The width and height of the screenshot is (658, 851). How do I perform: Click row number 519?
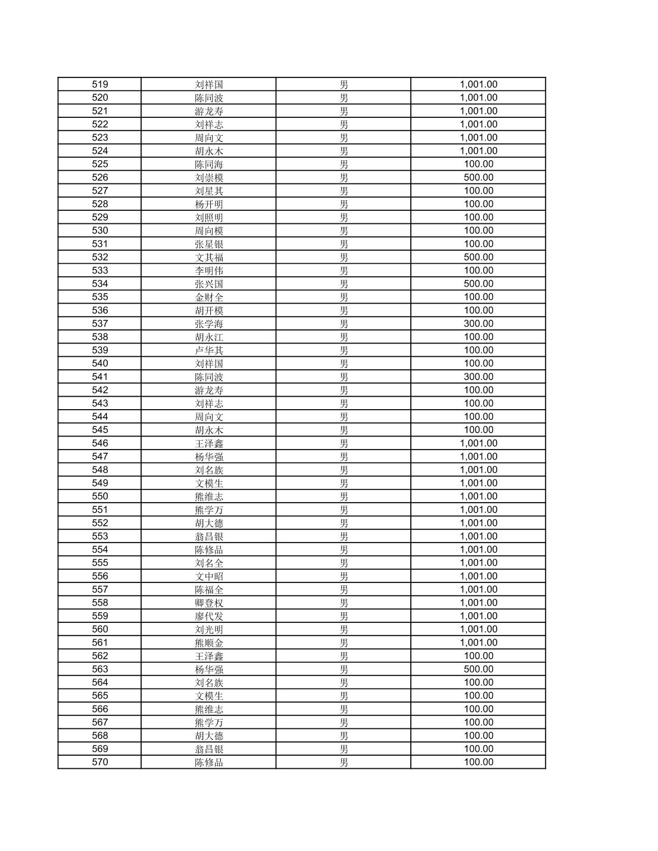tap(100, 85)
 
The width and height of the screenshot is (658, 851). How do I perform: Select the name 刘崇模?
tap(209, 177)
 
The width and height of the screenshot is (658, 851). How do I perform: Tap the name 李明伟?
tap(209, 270)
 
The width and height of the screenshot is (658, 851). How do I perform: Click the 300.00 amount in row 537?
tap(478, 323)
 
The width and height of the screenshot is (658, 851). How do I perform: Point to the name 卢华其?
tap(209, 350)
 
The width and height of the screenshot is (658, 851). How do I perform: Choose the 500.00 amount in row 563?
tap(478, 669)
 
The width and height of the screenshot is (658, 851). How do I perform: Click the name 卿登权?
tap(209, 603)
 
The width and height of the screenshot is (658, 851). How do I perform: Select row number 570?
tap(100, 762)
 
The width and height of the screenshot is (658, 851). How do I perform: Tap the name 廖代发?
tap(209, 616)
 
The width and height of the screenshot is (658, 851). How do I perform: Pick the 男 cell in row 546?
tap(344, 443)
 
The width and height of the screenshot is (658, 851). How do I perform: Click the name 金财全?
tap(209, 297)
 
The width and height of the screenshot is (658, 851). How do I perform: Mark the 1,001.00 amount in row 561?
tap(478, 643)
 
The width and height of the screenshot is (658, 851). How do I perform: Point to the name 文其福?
tap(209, 257)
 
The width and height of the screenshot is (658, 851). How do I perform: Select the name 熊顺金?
tap(209, 643)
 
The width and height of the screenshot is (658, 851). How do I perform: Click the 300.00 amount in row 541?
tap(478, 376)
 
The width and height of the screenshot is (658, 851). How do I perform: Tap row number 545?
tap(100, 430)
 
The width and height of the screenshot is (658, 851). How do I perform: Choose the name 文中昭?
tap(209, 576)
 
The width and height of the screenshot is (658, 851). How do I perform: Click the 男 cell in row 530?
tap(344, 230)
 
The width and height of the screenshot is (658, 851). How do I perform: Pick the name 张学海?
tap(209, 323)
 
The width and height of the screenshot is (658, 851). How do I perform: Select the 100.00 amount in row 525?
tap(478, 164)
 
